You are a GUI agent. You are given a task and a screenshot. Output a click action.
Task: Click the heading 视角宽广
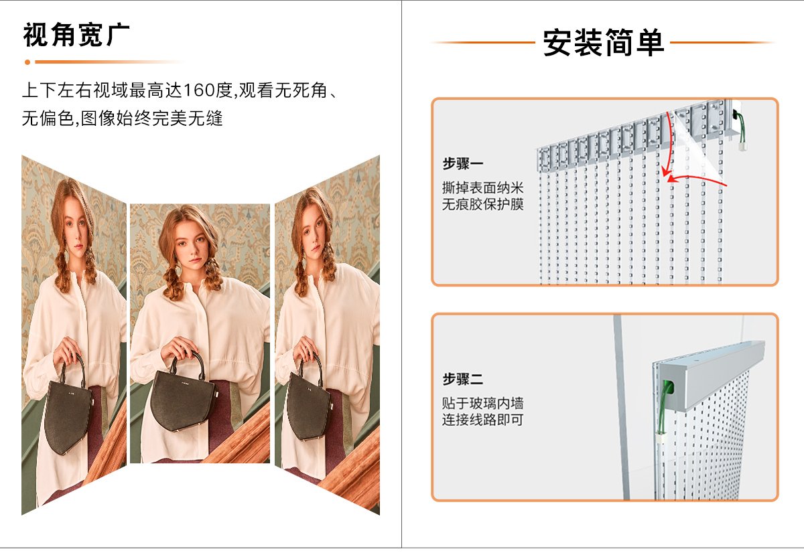pyautogui.click(x=76, y=35)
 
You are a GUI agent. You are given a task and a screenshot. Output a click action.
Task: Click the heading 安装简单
pyautogui.click(x=603, y=43)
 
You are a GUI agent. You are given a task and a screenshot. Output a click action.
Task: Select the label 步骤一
pyautogui.click(x=462, y=164)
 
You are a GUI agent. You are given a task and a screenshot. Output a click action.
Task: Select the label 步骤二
pyautogui.click(x=462, y=380)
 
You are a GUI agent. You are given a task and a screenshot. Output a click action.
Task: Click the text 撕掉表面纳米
pyautogui.click(x=482, y=187)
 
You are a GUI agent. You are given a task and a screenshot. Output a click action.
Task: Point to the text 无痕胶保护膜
pyautogui.click(x=482, y=204)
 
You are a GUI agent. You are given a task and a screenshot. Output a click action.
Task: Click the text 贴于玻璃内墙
pyautogui.click(x=482, y=403)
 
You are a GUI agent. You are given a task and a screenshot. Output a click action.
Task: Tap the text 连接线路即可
pyautogui.click(x=482, y=420)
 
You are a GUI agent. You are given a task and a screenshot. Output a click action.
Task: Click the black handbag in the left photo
pyautogui.click(x=69, y=412)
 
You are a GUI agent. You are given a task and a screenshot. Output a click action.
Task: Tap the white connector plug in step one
pyautogui.click(x=742, y=142)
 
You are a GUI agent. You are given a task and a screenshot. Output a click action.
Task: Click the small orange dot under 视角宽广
pyautogui.click(x=27, y=62)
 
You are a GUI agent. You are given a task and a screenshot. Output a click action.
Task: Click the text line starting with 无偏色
pyautogui.click(x=122, y=119)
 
